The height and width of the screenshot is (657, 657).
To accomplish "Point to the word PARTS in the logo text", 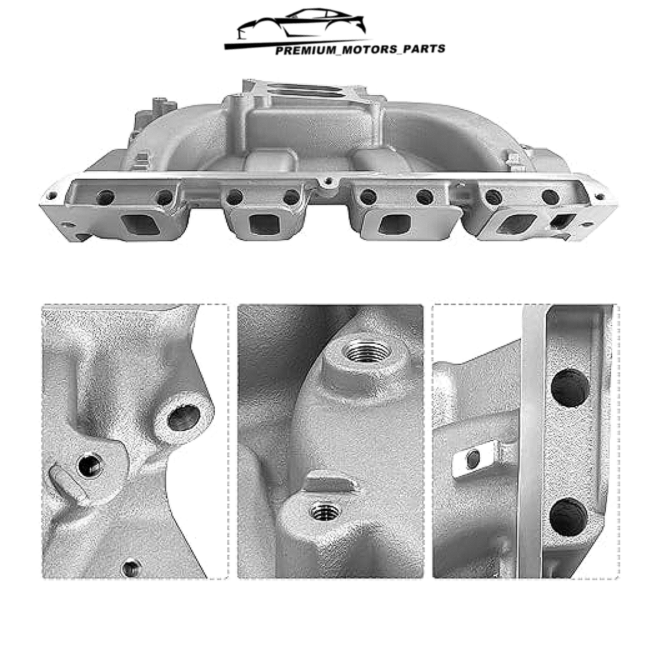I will click(x=424, y=49).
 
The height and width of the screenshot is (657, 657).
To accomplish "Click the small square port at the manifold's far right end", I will click(x=563, y=221).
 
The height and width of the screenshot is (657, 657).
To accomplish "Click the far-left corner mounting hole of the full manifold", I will click(x=51, y=196).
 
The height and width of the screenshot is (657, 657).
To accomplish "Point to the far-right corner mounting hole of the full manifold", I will click(x=600, y=196).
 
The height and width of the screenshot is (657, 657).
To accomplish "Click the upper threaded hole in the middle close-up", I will click(x=367, y=352).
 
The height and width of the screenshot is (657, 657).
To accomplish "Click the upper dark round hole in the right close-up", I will click(x=569, y=387).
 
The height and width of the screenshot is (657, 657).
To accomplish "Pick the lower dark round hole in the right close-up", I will click(x=568, y=517).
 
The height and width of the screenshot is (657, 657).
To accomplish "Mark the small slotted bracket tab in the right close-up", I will click(x=474, y=459).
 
